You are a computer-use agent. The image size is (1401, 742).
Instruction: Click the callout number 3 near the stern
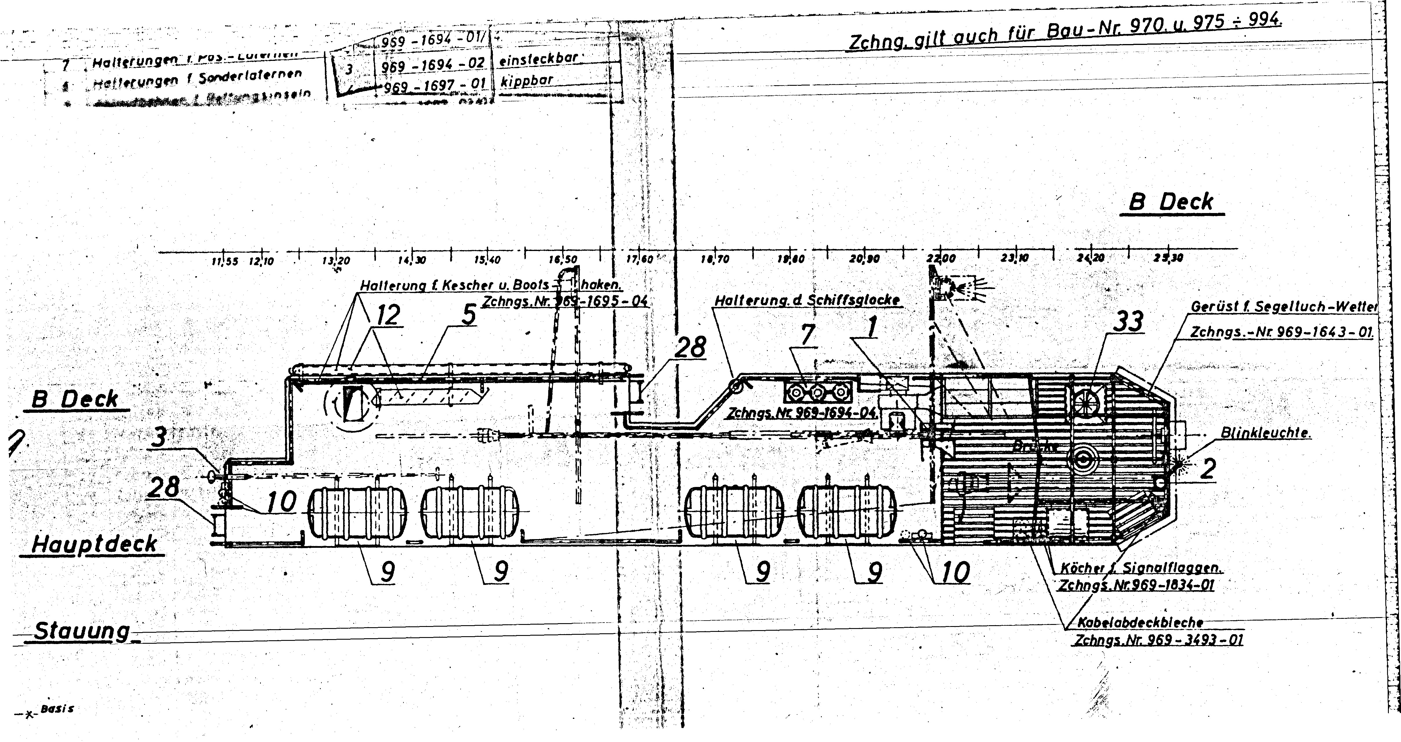coord(158,437)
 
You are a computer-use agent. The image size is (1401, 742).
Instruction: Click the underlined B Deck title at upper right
coord(1171,202)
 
